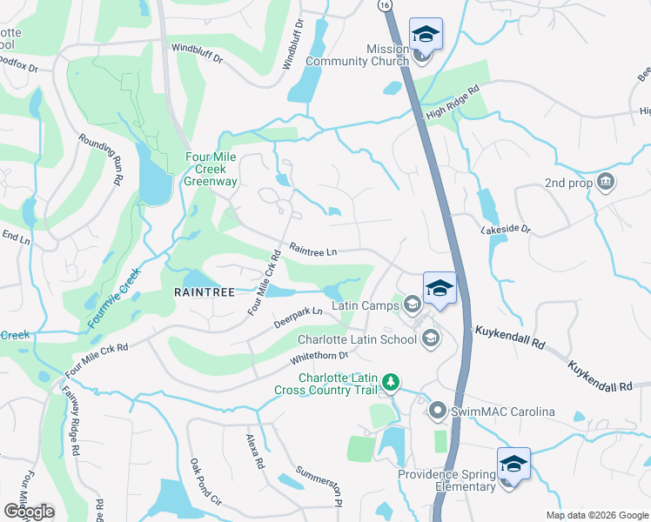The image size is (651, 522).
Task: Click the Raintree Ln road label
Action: coord(312,250)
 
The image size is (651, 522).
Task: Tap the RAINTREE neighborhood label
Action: coord(205,293)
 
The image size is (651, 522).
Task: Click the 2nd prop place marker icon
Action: coord(606,183)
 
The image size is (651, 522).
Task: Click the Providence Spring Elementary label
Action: coord(446,480)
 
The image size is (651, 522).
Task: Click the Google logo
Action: coord(29,512)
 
